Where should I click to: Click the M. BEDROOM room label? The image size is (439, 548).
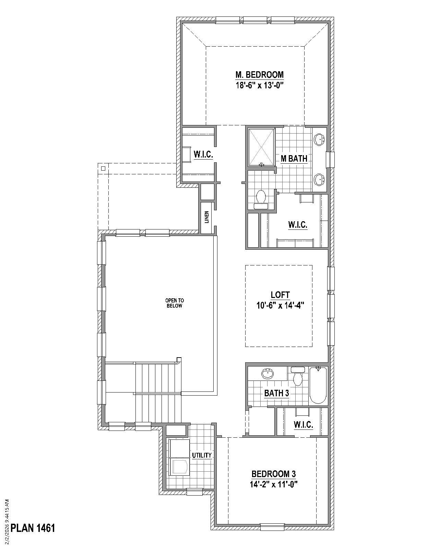coord(259,74)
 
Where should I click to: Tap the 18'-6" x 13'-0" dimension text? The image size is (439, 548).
coord(259,85)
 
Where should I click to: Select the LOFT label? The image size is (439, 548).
coord(280,295)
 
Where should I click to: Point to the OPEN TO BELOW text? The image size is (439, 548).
coord(174,303)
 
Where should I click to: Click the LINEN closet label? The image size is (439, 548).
coord(207,217)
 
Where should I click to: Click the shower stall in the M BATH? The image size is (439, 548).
coord(261,147)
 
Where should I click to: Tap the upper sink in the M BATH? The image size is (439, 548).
coord(320,139)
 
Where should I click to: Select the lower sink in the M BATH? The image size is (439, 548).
coord(320,179)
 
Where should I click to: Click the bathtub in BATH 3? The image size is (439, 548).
coord(318,385)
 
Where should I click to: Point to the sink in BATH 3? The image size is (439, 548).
coord(268,374)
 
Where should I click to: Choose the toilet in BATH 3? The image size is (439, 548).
coord(297,377)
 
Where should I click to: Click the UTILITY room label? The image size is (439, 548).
coord(202,455)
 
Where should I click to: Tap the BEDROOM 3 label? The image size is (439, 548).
coord(273,474)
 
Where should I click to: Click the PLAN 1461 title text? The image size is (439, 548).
coord(33,528)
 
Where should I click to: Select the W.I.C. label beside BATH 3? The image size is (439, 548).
coord(303,425)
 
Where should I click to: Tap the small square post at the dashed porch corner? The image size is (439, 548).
coord(103,168)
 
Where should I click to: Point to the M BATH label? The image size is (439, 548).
coord(294,158)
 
